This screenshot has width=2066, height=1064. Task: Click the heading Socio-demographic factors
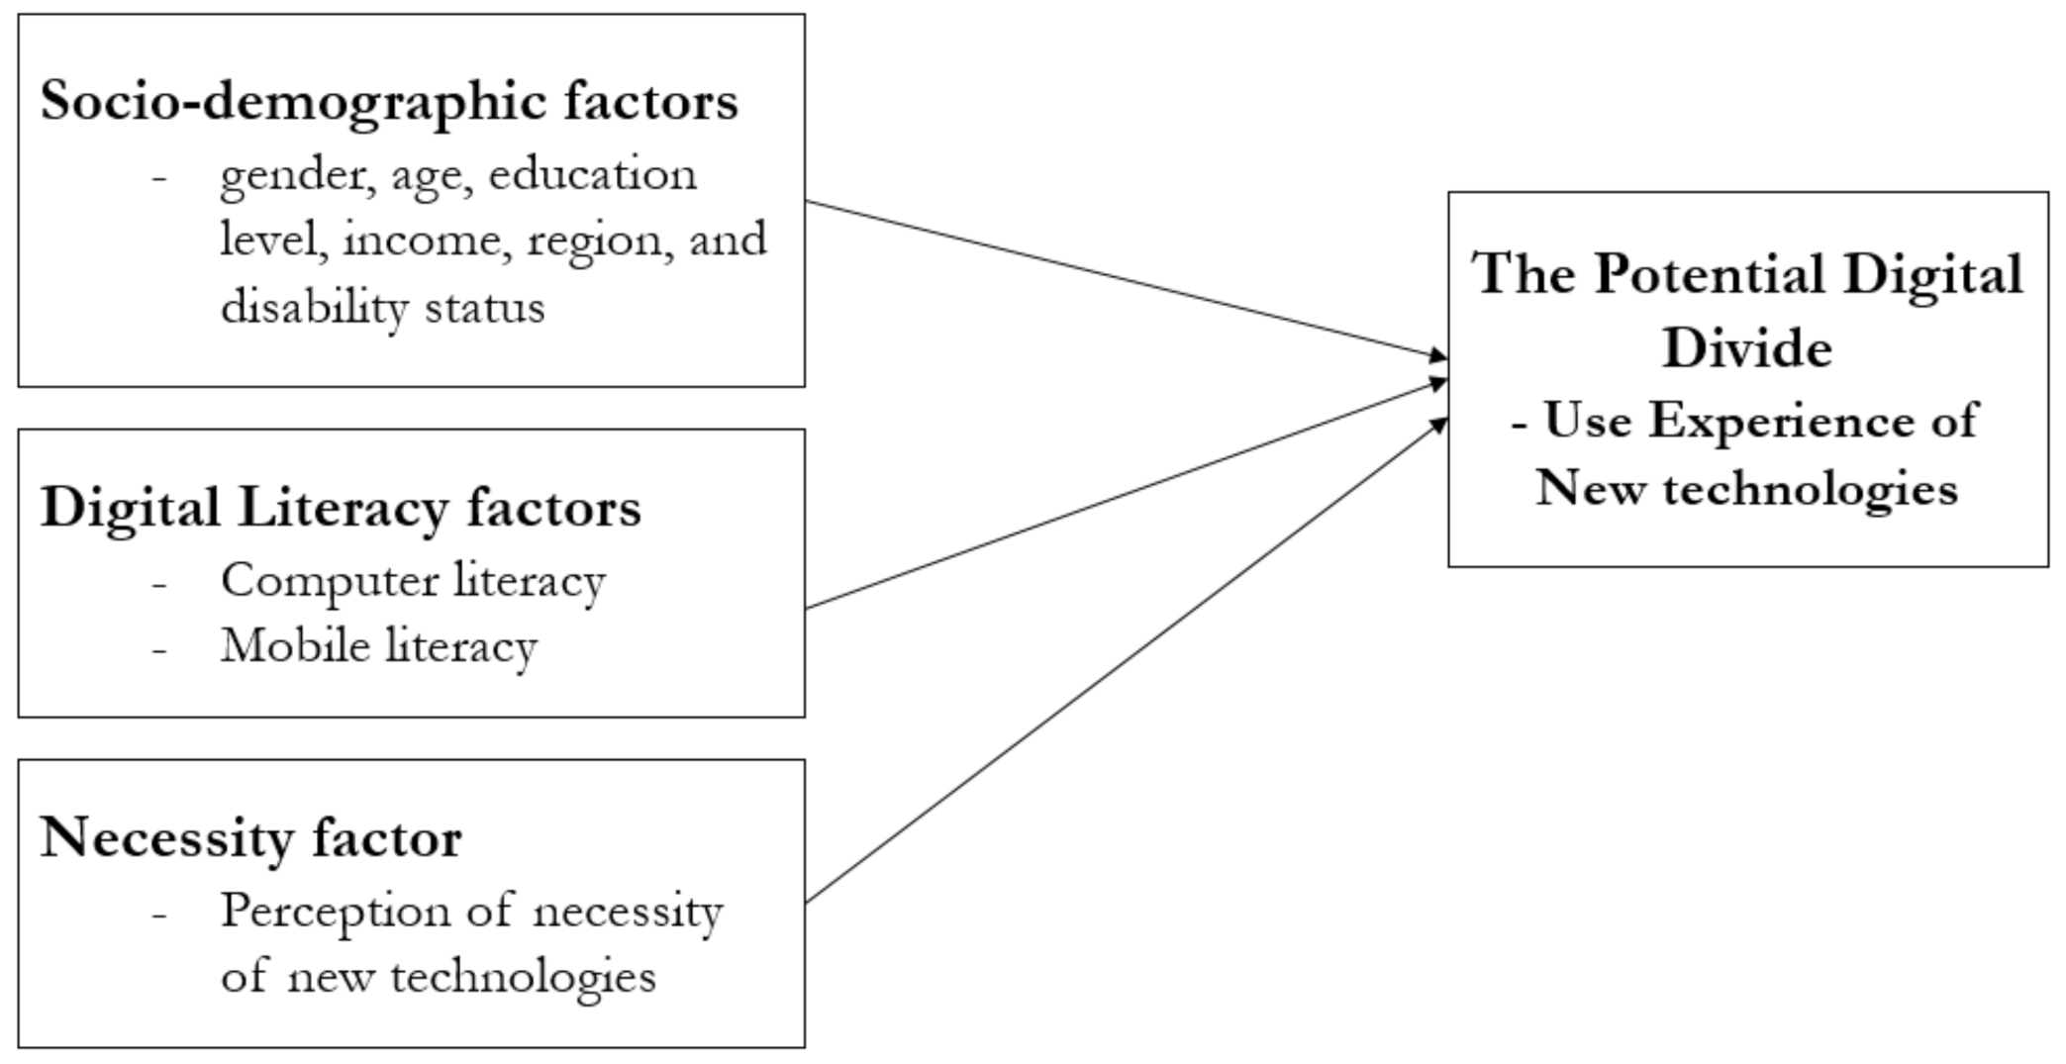[x=389, y=102]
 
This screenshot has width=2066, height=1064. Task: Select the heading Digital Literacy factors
[x=341, y=509]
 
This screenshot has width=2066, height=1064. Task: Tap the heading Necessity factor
[x=250, y=838]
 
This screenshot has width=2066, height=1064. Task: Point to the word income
[x=427, y=241]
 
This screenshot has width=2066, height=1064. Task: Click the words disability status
[x=382, y=306]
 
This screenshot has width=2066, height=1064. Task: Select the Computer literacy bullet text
[x=413, y=581]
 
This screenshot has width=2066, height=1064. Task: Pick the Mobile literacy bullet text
[x=378, y=646]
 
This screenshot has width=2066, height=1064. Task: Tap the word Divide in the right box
[x=1746, y=348]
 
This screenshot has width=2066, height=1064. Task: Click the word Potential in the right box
[x=1710, y=274]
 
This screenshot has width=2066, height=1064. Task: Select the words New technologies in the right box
[x=1746, y=489]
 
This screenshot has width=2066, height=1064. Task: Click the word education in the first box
[x=592, y=175]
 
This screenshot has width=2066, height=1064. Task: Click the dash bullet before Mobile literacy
[x=159, y=648]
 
